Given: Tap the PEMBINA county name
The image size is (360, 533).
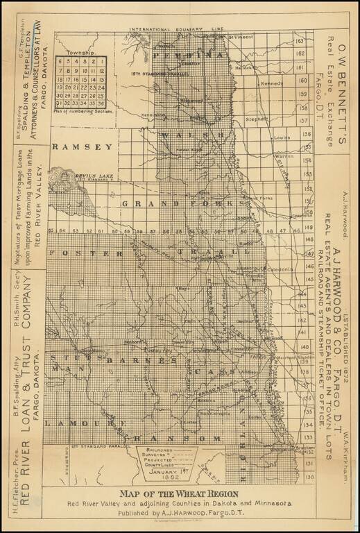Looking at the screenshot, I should [189, 53].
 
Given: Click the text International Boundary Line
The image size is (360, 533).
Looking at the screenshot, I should [178, 29].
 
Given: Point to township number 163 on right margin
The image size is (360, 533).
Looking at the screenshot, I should [300, 42].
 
